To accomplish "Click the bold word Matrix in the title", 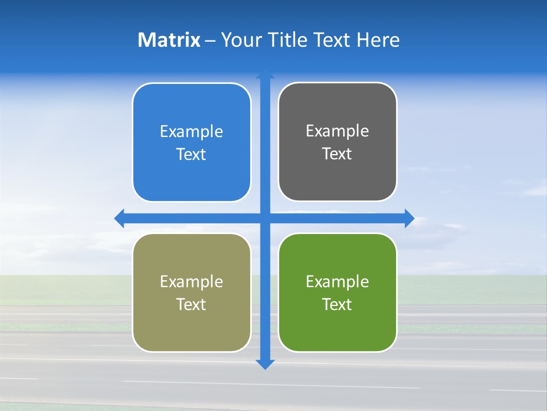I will pos(169,40).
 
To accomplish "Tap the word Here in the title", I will pos(378,40).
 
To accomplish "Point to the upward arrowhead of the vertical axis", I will pos(265,74).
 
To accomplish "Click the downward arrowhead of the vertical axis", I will pos(265,364).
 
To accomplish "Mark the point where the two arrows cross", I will pos(265,218).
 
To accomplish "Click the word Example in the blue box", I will pos(191,132).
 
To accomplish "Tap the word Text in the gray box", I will pos(337,154).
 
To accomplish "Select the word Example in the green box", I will pos(337,281).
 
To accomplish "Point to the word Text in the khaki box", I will pos(191,305).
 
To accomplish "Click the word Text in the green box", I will pos(337,305).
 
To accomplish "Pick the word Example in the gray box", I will pos(337,131).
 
